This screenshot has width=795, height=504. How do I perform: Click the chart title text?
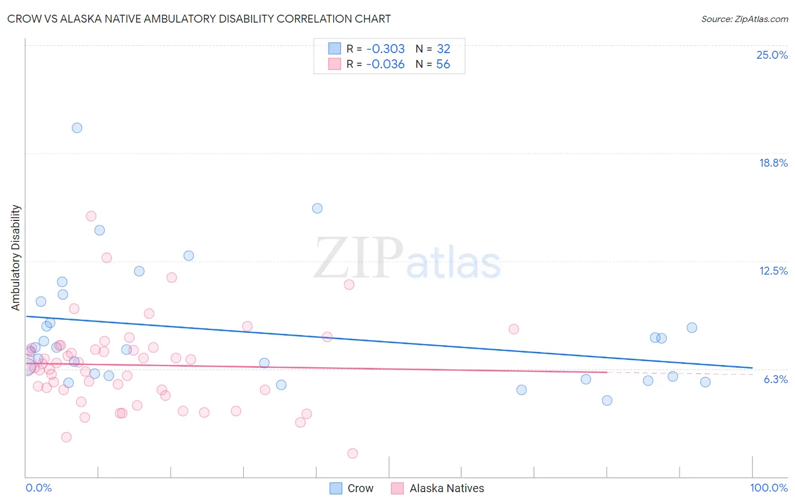[x=199, y=19]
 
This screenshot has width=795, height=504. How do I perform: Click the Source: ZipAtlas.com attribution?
[x=744, y=19]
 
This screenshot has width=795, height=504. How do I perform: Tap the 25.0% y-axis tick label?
[x=772, y=55]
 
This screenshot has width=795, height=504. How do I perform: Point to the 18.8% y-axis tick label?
[x=773, y=163]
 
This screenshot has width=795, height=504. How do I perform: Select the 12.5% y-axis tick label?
[x=773, y=271]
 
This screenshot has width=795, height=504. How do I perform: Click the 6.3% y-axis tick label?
[x=775, y=379]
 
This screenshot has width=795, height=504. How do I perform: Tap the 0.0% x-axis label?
[x=38, y=488]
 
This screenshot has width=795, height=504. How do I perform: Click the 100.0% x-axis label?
[x=768, y=488]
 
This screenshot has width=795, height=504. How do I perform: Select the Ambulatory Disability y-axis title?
[x=16, y=258]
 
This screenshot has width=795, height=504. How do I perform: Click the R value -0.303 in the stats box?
[x=385, y=49]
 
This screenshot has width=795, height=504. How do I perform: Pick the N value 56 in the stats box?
[x=443, y=64]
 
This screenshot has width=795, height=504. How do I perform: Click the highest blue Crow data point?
[x=77, y=128]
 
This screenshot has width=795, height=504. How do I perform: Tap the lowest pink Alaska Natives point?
[x=352, y=453]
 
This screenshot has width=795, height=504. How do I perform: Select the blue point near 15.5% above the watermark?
[x=317, y=208]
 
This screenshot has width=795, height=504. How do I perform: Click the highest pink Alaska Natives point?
[x=91, y=216]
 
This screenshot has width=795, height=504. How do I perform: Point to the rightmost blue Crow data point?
[x=705, y=382]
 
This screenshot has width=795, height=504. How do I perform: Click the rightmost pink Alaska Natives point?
[x=513, y=329]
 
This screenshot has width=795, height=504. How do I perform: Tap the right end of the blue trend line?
[x=752, y=368]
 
